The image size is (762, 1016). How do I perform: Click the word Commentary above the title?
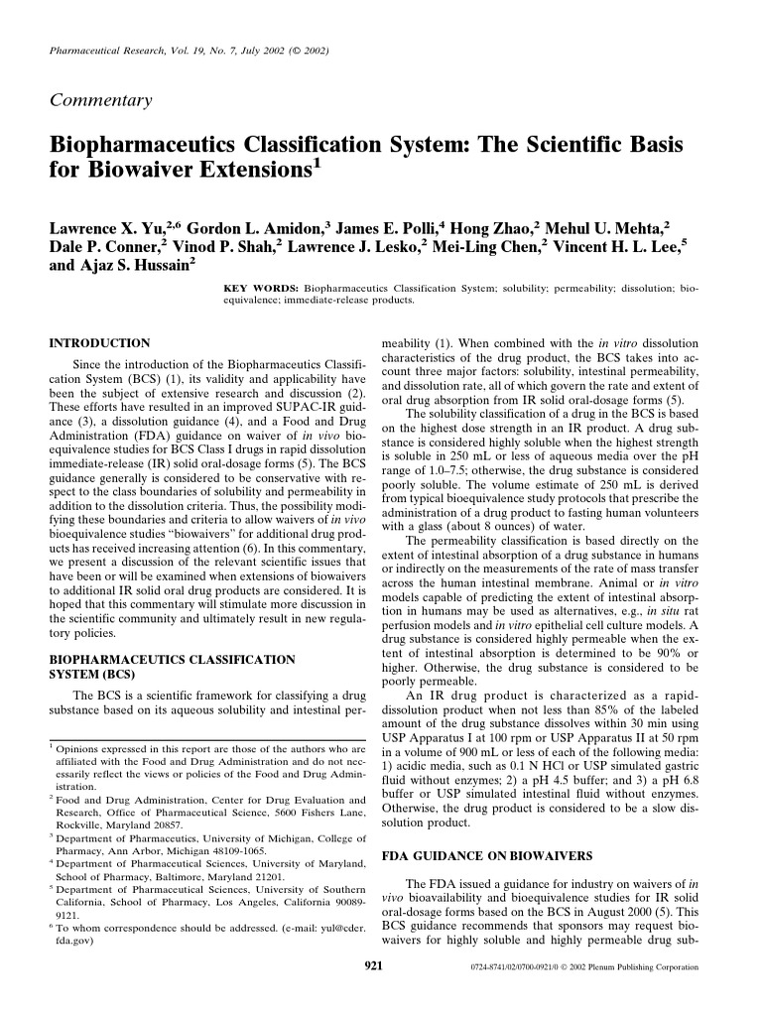coord(99,100)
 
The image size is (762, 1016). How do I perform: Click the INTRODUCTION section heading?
coord(99,342)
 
